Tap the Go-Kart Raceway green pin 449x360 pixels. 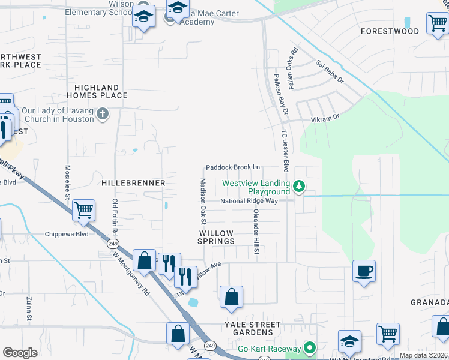(309, 348)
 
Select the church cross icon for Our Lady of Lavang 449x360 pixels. (103, 114)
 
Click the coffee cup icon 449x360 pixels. (364, 271)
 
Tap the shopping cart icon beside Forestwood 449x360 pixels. (437, 24)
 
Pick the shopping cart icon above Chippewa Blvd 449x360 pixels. (83, 210)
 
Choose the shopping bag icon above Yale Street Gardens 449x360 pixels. (231, 296)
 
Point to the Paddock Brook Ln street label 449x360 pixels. (233, 167)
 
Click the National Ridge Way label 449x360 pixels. (249, 201)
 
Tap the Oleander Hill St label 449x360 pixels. (255, 232)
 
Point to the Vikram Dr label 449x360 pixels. (325, 118)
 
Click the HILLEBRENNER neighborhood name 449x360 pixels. (133, 182)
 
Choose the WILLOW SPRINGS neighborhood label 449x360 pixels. (217, 236)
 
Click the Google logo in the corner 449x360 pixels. (20, 352)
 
